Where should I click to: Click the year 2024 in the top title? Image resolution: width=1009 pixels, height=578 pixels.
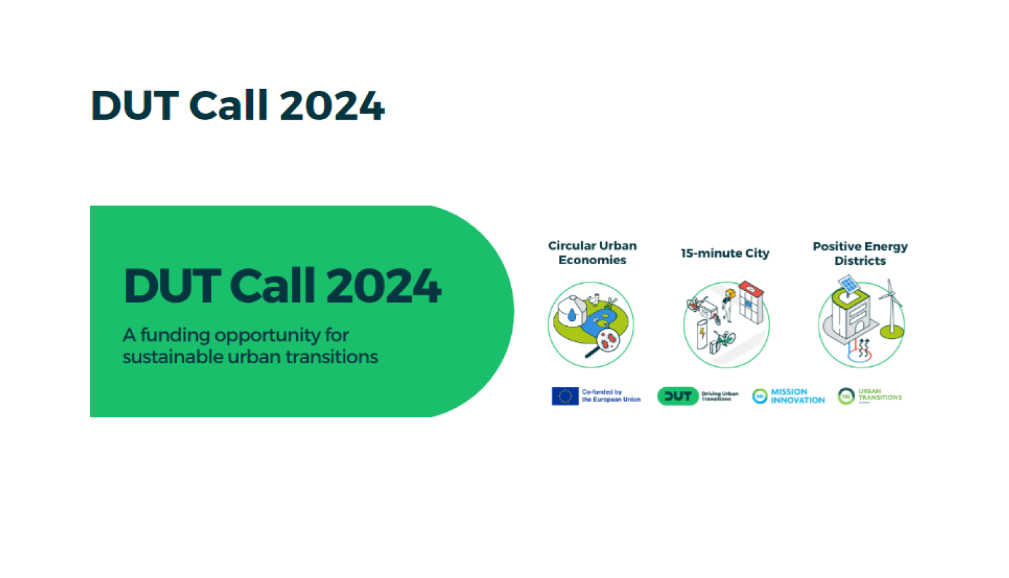point(331,106)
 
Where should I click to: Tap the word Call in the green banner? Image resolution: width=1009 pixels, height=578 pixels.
point(272,286)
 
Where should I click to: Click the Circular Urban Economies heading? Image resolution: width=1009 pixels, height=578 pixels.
point(592,253)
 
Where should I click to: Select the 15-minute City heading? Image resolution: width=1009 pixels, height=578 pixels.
point(724,253)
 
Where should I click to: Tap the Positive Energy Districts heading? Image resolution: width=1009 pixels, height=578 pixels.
point(860,253)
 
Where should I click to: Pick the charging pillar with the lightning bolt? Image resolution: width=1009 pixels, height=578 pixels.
point(702,334)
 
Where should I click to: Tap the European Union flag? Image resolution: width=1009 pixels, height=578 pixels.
point(564,397)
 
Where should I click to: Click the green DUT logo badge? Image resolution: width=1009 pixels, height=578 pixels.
point(677,397)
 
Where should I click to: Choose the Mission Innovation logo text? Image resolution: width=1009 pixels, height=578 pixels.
point(797,396)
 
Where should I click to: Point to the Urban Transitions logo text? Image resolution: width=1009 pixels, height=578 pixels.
point(879,395)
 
